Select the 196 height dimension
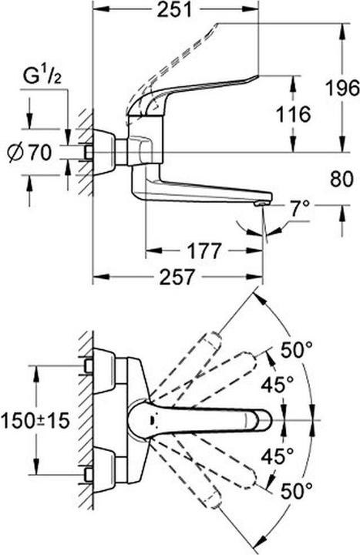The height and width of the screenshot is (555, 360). click(340, 86)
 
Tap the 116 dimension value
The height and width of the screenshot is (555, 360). click(292, 115)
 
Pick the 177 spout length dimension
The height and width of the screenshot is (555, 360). click(204, 251)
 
